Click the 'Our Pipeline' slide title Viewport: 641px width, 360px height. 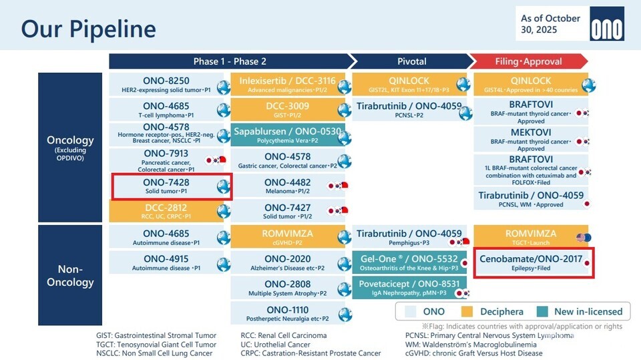click(88, 29)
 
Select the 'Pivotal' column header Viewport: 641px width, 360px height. click(411, 61)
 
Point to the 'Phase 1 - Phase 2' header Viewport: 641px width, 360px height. click(230, 61)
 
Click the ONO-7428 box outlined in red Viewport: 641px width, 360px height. click(171, 186)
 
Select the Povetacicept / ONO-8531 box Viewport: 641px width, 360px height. click(409, 288)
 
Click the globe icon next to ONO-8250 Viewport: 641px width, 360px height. click(223, 85)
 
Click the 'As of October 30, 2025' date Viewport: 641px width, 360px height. click(550, 24)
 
